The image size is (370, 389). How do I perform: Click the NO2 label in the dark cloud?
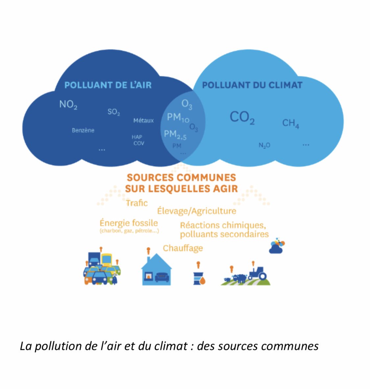68,105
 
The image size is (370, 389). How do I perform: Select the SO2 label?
114,112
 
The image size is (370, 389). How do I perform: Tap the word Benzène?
83,131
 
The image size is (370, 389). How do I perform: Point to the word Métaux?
143,121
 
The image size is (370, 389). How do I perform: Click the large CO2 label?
242,117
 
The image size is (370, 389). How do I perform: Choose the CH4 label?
291,123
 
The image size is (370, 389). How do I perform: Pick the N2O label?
264,145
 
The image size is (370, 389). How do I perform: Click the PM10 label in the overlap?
178,117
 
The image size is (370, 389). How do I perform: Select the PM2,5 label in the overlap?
175,134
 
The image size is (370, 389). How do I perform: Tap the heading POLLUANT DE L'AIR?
108,85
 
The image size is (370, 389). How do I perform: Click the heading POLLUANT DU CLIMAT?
252,85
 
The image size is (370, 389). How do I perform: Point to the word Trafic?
137,203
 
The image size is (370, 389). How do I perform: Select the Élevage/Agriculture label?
197,211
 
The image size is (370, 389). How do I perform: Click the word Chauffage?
183,248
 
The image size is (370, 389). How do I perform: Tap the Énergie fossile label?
129,223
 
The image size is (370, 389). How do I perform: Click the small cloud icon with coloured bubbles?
277,246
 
